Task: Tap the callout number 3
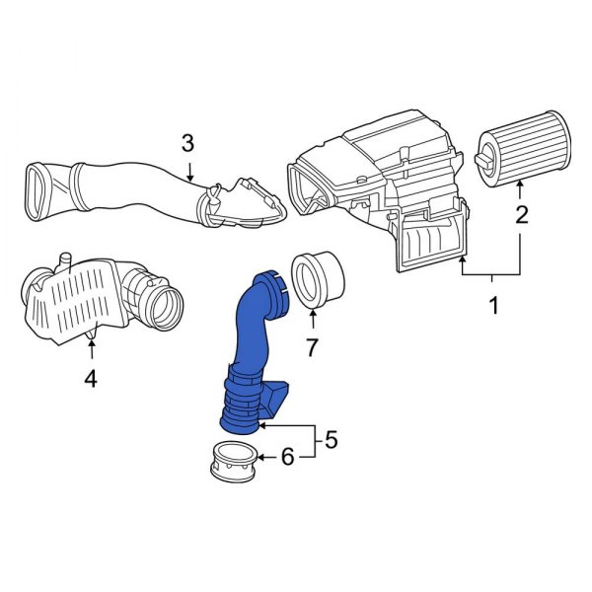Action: [x=187, y=144]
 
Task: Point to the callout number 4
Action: [x=91, y=377]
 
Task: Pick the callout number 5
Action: [x=331, y=439]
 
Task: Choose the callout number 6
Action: [x=287, y=456]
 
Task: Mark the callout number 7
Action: [x=312, y=346]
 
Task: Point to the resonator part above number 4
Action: [x=94, y=296]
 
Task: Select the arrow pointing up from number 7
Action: [x=312, y=321]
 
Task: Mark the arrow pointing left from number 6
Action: [x=264, y=456]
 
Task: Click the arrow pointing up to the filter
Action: [x=520, y=187]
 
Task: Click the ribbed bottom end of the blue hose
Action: [x=241, y=414]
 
